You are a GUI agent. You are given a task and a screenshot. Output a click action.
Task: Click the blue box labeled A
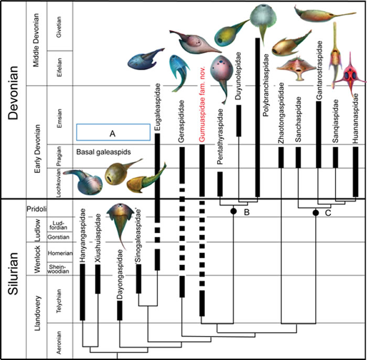(x=113, y=133)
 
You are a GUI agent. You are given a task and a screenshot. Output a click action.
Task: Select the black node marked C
(x=315, y=212)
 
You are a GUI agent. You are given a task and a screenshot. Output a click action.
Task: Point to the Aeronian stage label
(x=59, y=341)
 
